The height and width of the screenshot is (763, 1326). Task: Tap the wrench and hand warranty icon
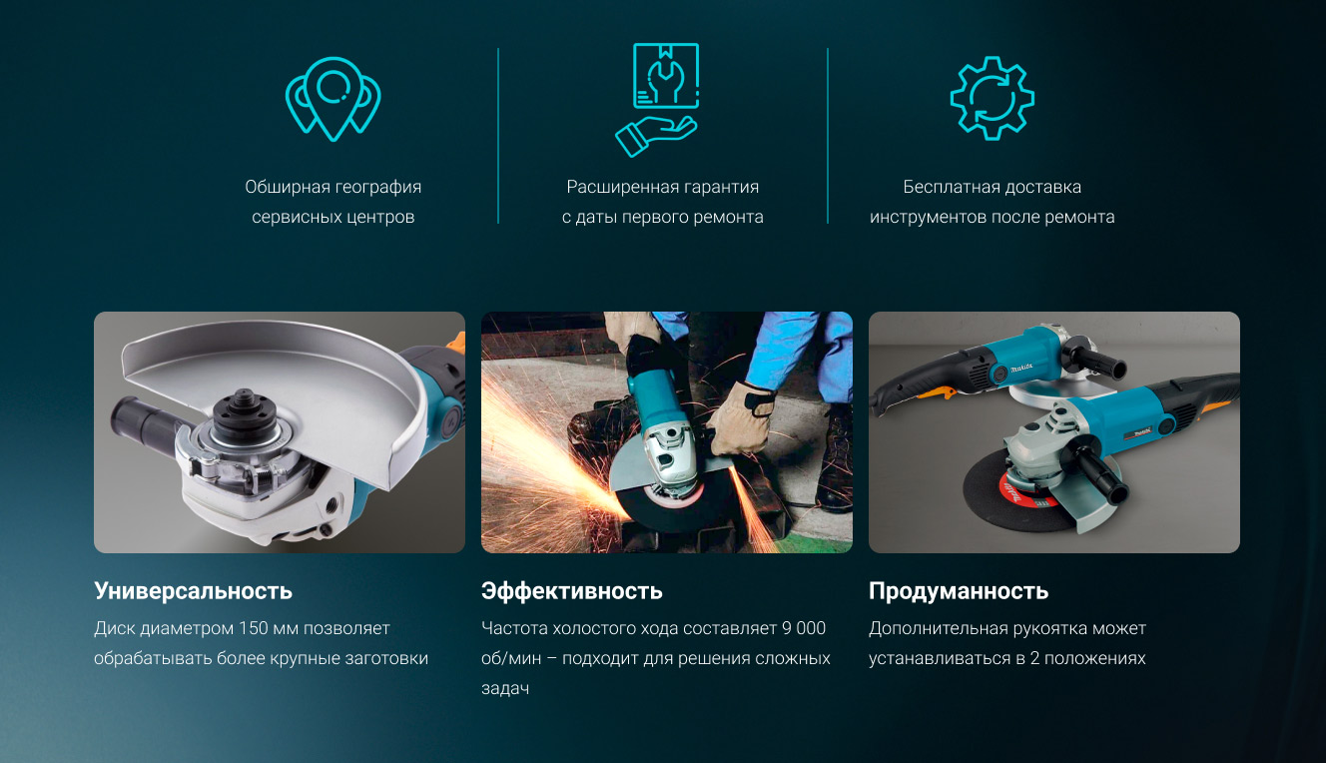point(657,100)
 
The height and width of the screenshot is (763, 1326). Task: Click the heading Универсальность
point(193,591)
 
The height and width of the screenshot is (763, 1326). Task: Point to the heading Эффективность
point(572,591)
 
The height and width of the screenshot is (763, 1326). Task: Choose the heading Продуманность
point(959,591)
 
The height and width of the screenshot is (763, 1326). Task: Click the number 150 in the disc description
point(255,628)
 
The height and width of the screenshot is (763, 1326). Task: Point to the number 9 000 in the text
point(804,628)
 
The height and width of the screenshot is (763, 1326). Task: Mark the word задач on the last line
point(505,689)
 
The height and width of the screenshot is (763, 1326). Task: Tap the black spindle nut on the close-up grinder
point(241,409)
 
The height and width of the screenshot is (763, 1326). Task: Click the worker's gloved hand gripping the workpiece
point(740,418)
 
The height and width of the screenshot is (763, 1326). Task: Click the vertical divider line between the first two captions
point(498,136)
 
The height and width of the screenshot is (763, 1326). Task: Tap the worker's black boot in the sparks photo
point(836,455)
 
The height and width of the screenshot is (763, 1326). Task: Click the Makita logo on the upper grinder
point(1020,367)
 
